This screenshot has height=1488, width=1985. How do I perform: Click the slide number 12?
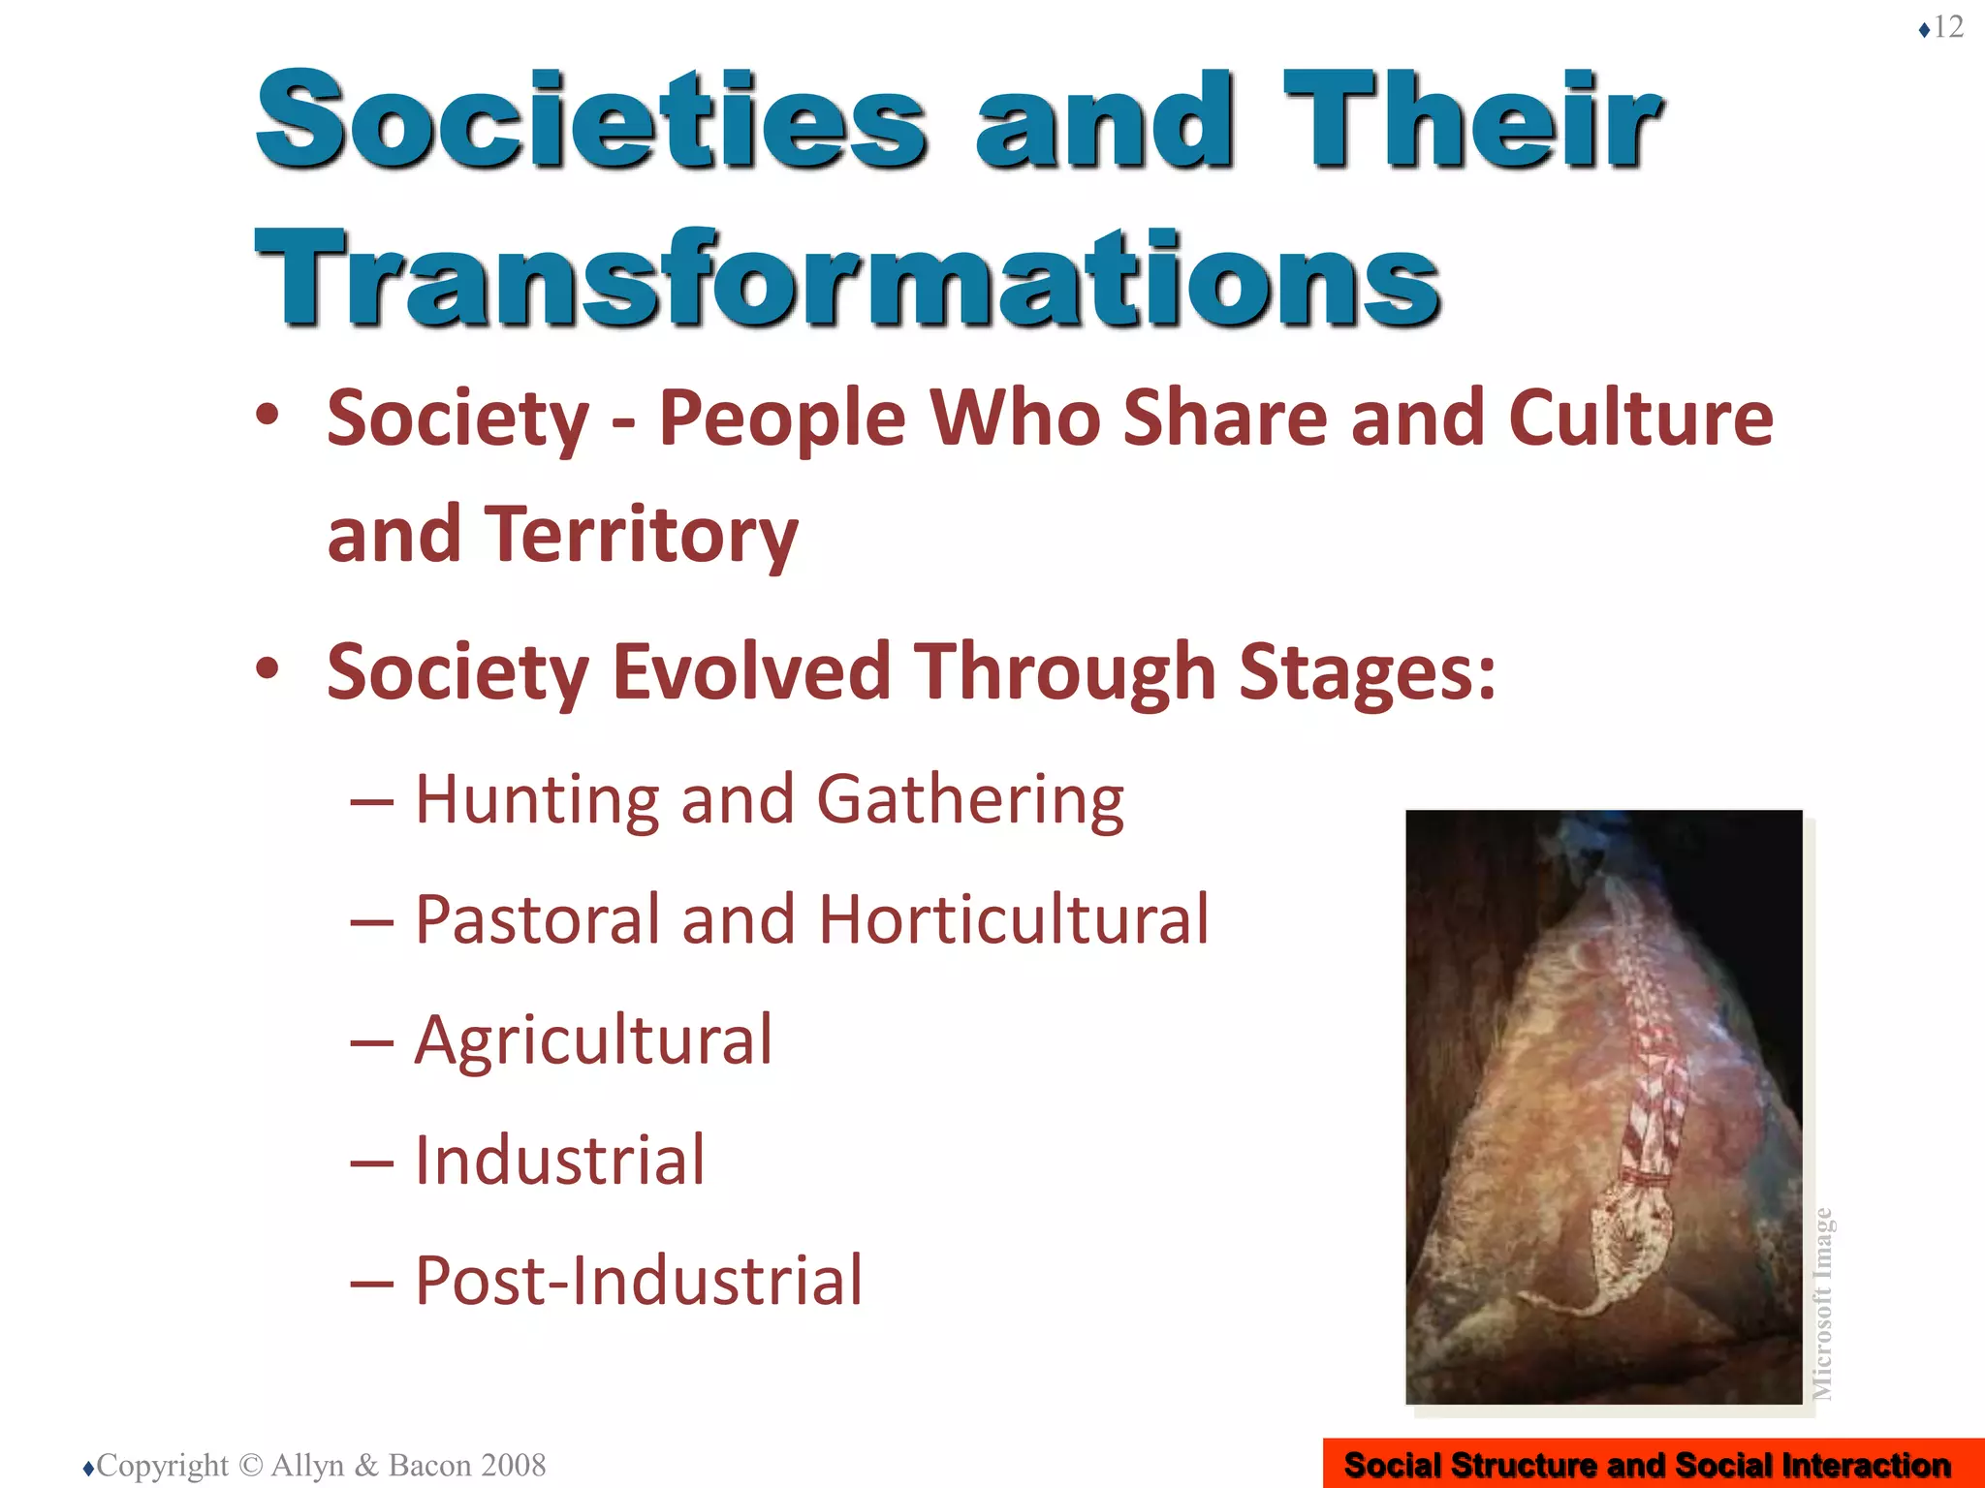[x=1948, y=27]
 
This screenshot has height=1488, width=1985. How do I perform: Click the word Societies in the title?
[x=591, y=121]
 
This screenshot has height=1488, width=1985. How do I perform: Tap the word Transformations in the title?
[x=847, y=279]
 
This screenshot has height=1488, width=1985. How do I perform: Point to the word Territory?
[x=641, y=535]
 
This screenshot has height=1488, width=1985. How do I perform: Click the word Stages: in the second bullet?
[x=1368, y=671]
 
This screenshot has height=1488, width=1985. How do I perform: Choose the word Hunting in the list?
[x=537, y=800]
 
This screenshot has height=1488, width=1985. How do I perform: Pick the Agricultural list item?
[x=593, y=1040]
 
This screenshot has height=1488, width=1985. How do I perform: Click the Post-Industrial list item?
[x=638, y=1281]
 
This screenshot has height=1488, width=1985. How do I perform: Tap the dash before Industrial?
[x=372, y=1162]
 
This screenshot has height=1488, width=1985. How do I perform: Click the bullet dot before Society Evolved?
[x=268, y=669]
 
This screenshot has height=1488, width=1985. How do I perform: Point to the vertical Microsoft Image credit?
[x=1823, y=1303]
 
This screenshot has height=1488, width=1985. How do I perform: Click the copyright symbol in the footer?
[x=250, y=1466]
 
